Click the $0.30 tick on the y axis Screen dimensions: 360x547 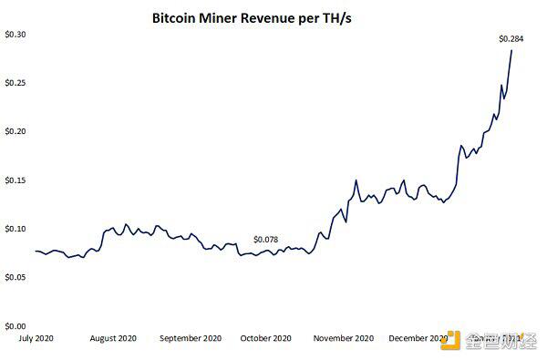(x=15, y=34)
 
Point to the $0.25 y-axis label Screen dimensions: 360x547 (x=15, y=82)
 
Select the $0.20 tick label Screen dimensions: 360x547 (x=15, y=131)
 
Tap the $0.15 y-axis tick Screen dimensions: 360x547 (x=15, y=180)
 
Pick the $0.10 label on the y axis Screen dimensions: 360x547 (x=15, y=229)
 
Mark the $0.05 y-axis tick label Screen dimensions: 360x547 (x=15, y=277)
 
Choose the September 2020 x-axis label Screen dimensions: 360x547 (x=190, y=338)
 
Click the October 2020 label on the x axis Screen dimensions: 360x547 (x=266, y=338)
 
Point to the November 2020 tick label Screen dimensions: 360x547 (x=343, y=338)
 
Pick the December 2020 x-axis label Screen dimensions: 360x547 (x=418, y=338)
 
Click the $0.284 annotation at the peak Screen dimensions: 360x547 (x=511, y=38)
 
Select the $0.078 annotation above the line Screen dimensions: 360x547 (x=267, y=239)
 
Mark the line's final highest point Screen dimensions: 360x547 (x=511, y=49)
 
